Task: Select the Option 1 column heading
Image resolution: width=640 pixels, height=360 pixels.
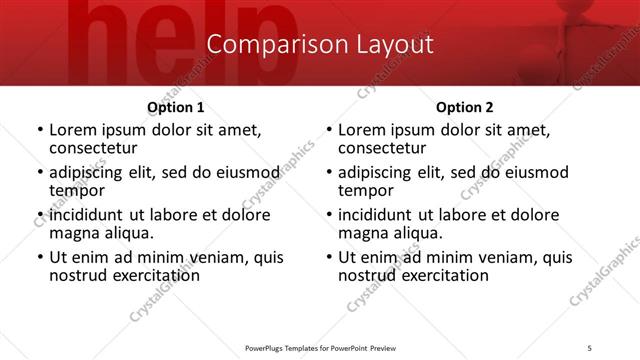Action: (176, 107)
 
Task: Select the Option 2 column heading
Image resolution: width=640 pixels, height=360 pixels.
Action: (464, 107)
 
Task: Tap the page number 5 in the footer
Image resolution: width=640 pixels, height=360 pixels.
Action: (590, 349)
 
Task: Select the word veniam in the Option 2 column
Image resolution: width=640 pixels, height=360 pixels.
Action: (485, 257)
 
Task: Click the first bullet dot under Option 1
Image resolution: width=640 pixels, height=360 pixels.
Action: (39, 130)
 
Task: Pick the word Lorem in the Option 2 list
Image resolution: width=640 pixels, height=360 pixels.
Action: (360, 129)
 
